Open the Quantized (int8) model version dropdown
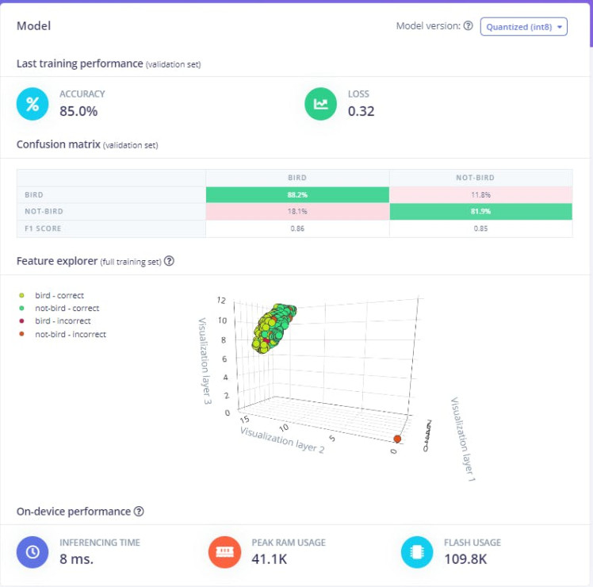(523, 27)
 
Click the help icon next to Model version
(468, 26)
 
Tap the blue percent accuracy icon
(33, 103)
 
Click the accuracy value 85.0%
(78, 111)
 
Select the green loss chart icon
(321, 103)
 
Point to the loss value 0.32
(361, 111)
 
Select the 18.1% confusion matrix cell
(297, 212)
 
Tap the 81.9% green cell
(480, 212)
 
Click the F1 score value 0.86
(297, 228)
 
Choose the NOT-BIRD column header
(480, 178)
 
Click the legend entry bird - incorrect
(63, 321)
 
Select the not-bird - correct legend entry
(67, 309)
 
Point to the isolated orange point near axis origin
(397, 439)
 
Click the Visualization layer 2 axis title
(282, 438)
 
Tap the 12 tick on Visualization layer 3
(221, 301)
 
